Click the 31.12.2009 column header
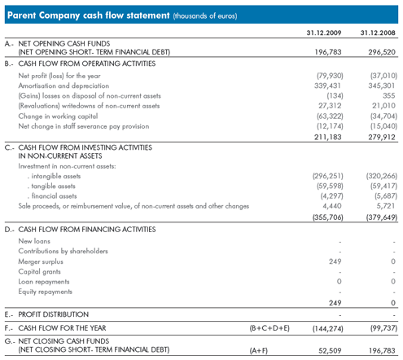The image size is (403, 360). (324, 33)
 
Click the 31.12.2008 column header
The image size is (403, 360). (378, 33)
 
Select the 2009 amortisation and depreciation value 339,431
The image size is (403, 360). (327, 86)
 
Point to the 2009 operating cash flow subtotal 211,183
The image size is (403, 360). (328, 137)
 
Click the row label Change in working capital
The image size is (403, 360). (58, 116)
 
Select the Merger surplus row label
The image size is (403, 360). (41, 261)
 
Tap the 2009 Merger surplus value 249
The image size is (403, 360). (335, 261)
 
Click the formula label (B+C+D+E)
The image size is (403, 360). (269, 328)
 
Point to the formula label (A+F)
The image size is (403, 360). (258, 351)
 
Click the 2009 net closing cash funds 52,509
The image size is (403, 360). (330, 351)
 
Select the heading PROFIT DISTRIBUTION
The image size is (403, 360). (53, 314)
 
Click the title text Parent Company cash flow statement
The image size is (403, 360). (89, 15)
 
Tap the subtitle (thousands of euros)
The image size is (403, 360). (205, 15)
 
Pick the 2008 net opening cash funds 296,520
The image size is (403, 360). (382, 52)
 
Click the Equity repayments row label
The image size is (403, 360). (46, 292)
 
